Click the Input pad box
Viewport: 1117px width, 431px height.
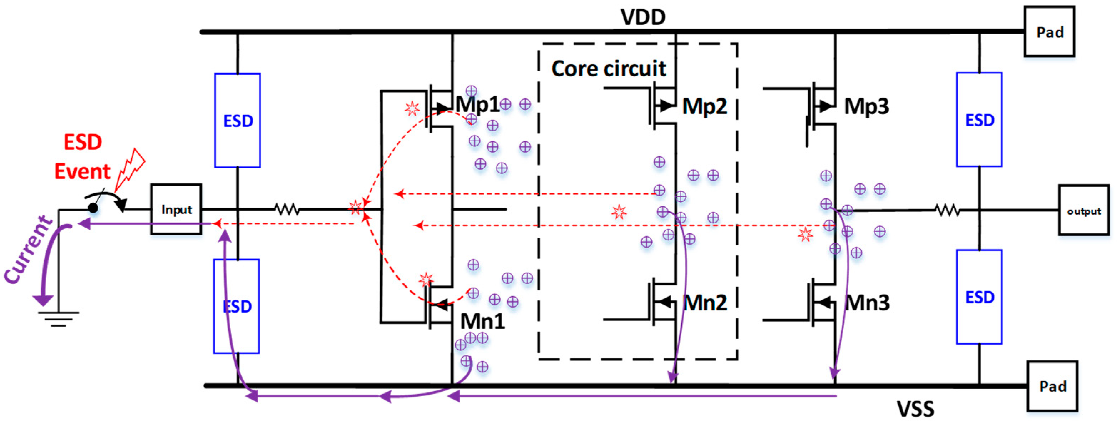(176, 209)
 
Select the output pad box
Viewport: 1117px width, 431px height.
(1083, 211)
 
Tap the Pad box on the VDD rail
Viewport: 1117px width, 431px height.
(1049, 32)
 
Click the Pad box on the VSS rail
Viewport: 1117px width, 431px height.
(1052, 386)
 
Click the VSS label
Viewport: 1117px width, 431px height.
(915, 409)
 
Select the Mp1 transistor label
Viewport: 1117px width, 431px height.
(477, 105)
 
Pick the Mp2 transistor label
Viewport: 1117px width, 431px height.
(705, 106)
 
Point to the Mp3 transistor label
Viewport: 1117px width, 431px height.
(866, 106)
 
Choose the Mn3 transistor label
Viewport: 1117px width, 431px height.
(867, 303)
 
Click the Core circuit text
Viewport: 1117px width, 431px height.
(608, 69)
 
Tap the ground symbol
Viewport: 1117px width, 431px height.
(58, 319)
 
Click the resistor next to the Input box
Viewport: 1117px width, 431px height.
(287, 210)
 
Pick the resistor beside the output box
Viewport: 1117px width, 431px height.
(948, 211)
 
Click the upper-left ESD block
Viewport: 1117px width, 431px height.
(238, 121)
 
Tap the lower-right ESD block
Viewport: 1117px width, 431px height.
(979, 297)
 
